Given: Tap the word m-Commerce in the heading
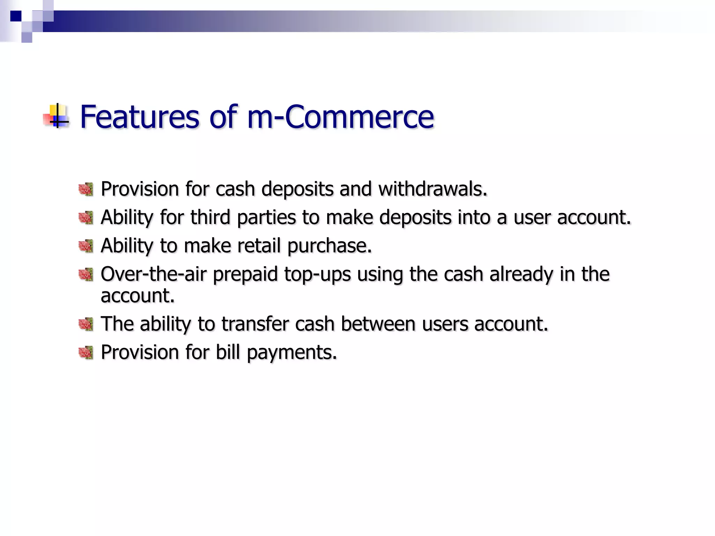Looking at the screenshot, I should tap(340, 117).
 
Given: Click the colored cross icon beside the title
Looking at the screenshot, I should tap(57, 116).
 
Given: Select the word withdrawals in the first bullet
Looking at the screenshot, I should tap(432, 189).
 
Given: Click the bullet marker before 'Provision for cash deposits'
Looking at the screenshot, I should tap(86, 189).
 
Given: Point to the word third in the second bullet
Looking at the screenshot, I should tap(210, 217).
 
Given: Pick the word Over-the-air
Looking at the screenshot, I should tap(154, 274).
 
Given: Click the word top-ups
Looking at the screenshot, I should tap(317, 275).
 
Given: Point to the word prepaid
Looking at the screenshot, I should tap(245, 275).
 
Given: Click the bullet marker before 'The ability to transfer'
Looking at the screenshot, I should tap(86, 325).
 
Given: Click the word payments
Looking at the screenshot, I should tap(292, 353).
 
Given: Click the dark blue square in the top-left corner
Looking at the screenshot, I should tap(16, 16).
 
